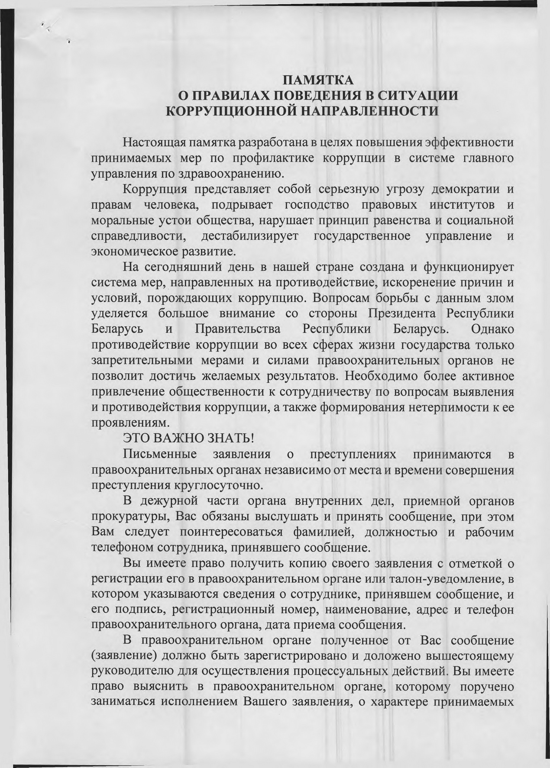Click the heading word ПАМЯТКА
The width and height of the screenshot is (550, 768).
point(318,81)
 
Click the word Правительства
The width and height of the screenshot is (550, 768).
point(238,329)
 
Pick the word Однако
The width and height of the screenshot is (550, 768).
point(492,329)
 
